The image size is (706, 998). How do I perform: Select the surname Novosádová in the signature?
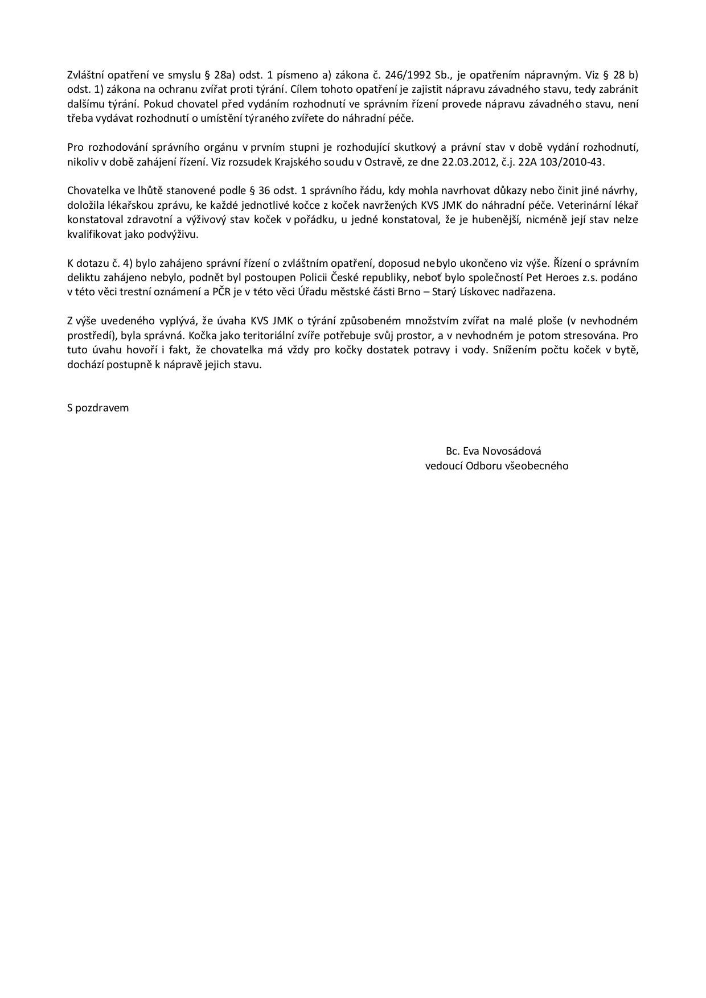coord(511,451)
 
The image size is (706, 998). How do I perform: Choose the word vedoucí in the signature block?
coord(444,466)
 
